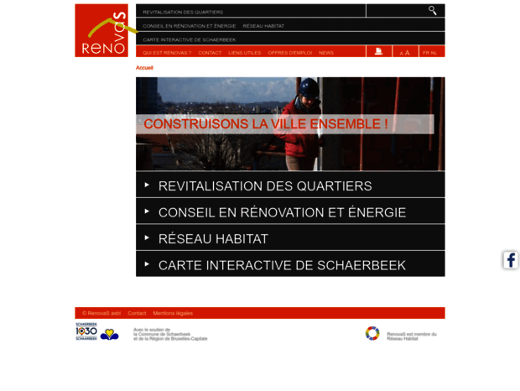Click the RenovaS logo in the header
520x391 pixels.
point(101,30)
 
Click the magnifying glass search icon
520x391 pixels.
point(433,11)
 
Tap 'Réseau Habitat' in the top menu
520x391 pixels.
point(263,26)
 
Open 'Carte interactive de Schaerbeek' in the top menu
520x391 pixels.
point(189,39)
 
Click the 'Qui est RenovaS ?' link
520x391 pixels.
point(167,52)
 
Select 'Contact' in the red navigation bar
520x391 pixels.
point(210,52)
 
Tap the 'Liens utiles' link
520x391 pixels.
point(245,52)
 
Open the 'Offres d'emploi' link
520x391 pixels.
point(289,52)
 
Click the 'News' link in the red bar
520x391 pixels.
point(326,52)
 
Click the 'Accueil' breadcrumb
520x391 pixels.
point(144,67)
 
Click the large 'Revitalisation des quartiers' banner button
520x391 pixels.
point(264,186)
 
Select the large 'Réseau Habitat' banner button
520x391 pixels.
point(213,239)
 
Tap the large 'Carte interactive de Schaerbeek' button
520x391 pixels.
point(281,265)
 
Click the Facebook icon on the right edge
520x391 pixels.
point(510,260)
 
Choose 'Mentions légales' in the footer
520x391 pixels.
point(173,313)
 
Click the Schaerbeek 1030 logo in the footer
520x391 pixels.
point(87,332)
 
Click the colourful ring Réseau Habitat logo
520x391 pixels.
point(372,333)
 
